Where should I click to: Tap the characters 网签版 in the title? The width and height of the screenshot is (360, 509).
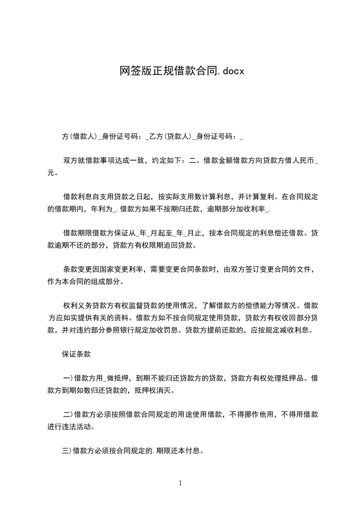(x=130, y=71)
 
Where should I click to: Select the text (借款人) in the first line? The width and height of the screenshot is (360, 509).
(x=83, y=136)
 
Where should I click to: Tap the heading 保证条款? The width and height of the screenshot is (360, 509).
(x=76, y=354)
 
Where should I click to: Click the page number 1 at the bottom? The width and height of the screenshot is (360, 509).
(x=180, y=483)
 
